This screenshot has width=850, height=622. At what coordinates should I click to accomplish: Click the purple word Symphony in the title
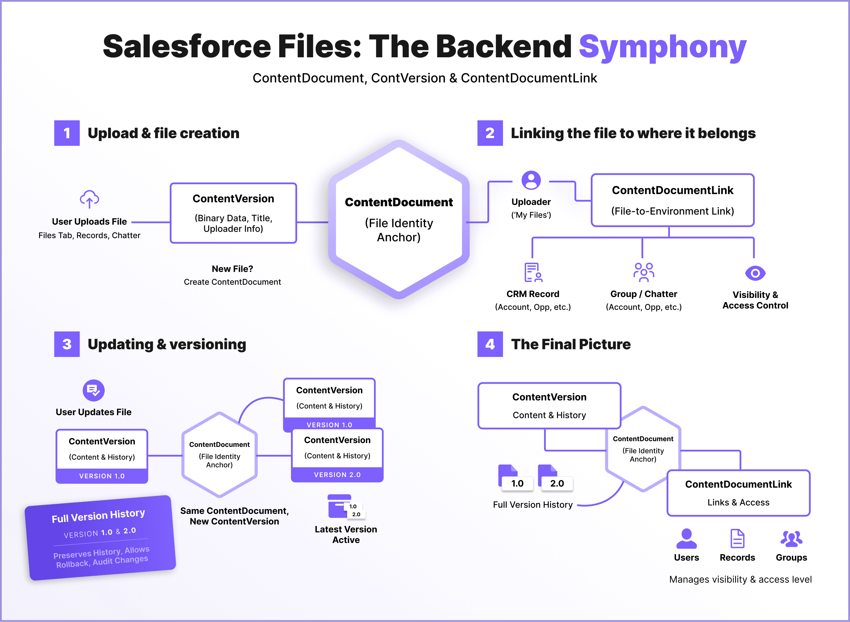point(662,47)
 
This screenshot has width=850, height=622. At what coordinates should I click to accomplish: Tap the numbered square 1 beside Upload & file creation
point(67,133)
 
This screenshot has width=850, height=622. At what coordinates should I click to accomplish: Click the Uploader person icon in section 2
point(531,180)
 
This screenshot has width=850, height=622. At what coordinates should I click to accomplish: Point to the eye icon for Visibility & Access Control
point(755,273)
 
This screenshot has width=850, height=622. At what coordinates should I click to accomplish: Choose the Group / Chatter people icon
point(643,272)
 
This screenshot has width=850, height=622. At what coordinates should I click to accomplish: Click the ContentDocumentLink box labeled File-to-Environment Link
point(672,200)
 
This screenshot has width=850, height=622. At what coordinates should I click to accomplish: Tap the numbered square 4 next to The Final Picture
point(490,344)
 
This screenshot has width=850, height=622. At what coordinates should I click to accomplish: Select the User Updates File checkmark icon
point(93,390)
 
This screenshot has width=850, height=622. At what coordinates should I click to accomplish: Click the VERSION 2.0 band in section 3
point(337,475)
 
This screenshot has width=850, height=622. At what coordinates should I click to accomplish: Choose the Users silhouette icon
point(686,539)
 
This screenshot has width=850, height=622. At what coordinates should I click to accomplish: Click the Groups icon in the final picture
point(791,539)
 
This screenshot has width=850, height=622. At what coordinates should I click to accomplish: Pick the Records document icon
point(737,539)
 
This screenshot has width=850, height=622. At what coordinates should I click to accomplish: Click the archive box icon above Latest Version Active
point(340,506)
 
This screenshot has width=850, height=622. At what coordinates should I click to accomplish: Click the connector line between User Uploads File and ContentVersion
point(151,222)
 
